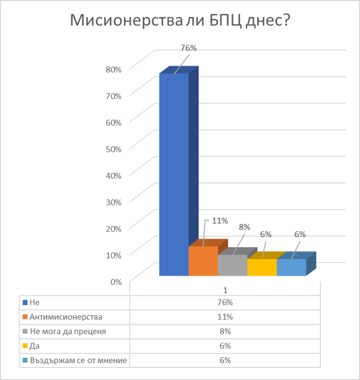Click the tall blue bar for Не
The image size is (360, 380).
pos(174,174)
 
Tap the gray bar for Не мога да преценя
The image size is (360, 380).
pos(232,265)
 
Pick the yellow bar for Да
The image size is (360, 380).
pos(262,267)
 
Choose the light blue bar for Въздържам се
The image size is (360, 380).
pos(291,267)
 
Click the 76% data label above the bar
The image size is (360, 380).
pos(189,48)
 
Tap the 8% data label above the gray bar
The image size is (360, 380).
pos(244,228)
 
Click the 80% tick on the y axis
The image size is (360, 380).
pos(114,69)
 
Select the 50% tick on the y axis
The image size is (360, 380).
pos(114,148)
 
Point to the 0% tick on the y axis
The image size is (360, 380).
pos(116,281)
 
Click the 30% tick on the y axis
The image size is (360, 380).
pos(114,201)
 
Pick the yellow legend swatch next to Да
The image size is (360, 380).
pos(24,346)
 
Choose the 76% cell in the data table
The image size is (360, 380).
pos(225,303)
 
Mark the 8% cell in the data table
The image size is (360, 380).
pos(225,332)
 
